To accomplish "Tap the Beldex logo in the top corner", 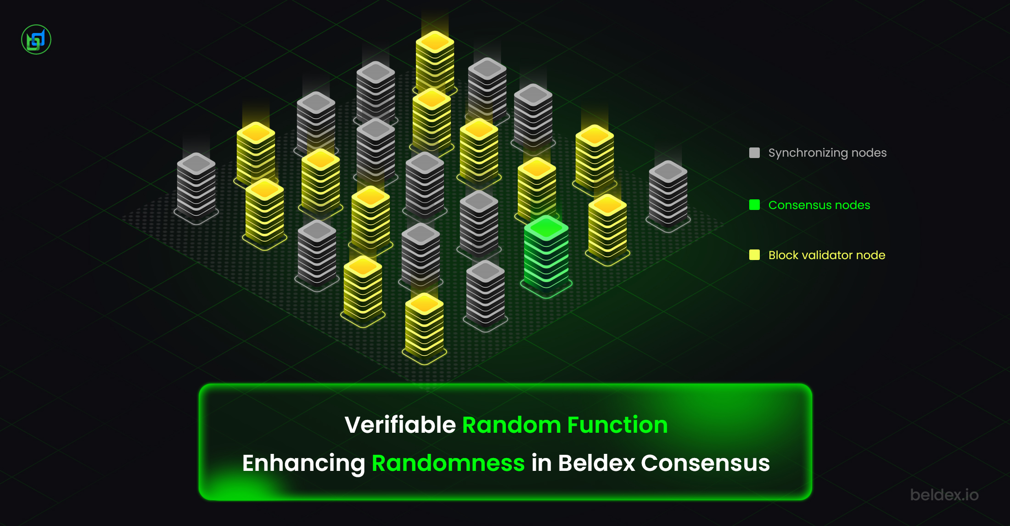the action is pyautogui.click(x=36, y=40).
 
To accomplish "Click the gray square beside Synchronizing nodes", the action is pyautogui.click(x=754, y=153).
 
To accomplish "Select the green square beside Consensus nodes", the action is pyautogui.click(x=754, y=205).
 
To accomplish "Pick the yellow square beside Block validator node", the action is pyautogui.click(x=754, y=255).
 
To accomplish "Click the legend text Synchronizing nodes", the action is pyautogui.click(x=827, y=153).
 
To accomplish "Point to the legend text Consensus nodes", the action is pyautogui.click(x=819, y=205).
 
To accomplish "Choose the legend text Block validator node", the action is pyautogui.click(x=827, y=255).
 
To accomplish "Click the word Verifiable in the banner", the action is pyautogui.click(x=400, y=424).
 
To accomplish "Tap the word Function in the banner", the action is pyautogui.click(x=617, y=424).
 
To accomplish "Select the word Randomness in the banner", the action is pyautogui.click(x=448, y=463).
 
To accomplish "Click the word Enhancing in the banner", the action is pyautogui.click(x=303, y=464).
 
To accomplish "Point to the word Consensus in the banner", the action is pyautogui.click(x=705, y=463).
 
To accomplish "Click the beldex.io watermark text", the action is pyautogui.click(x=944, y=495).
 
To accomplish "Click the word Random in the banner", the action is pyautogui.click(x=511, y=424).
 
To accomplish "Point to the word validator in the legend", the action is pyautogui.click(x=824, y=255).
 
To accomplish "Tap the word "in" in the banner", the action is pyautogui.click(x=541, y=463).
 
